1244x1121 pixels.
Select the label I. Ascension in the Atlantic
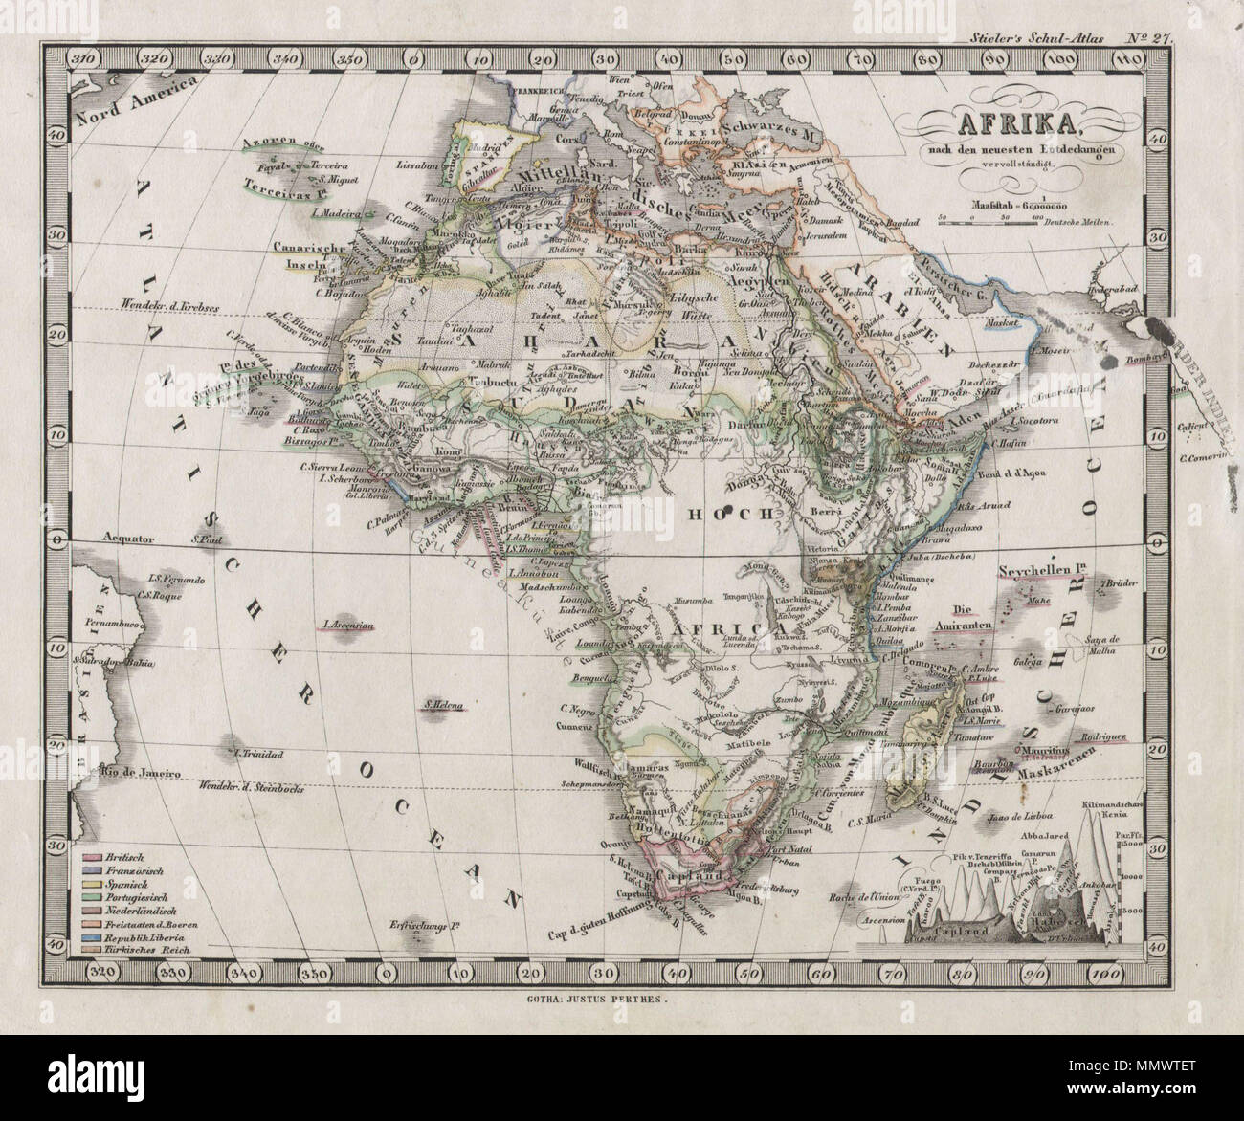point(347,626)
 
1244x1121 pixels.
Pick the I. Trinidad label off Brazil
point(258,755)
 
